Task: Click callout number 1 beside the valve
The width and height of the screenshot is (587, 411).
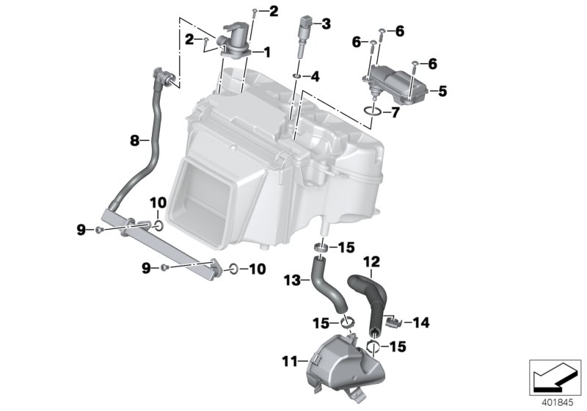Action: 267,52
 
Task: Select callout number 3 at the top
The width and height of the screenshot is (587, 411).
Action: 327,24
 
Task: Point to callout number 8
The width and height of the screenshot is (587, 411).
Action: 134,139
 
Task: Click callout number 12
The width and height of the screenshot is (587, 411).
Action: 372,260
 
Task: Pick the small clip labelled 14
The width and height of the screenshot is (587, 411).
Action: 393,321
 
